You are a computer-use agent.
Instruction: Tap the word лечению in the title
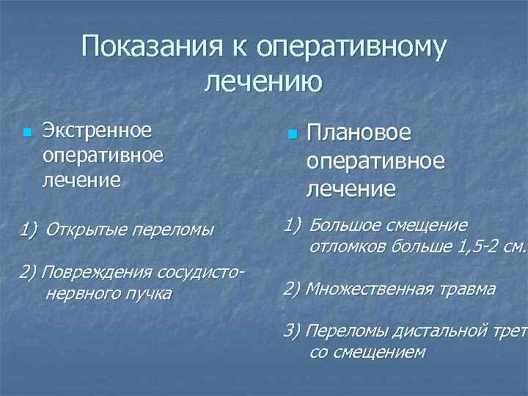coord(263,80)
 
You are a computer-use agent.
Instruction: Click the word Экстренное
coord(97,131)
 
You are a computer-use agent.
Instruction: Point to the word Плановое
coord(359,134)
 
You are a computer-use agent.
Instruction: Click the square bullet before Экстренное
coord(27,133)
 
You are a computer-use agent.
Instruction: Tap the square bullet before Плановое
coord(291,136)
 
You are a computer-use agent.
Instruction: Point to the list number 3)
coord(293,330)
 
